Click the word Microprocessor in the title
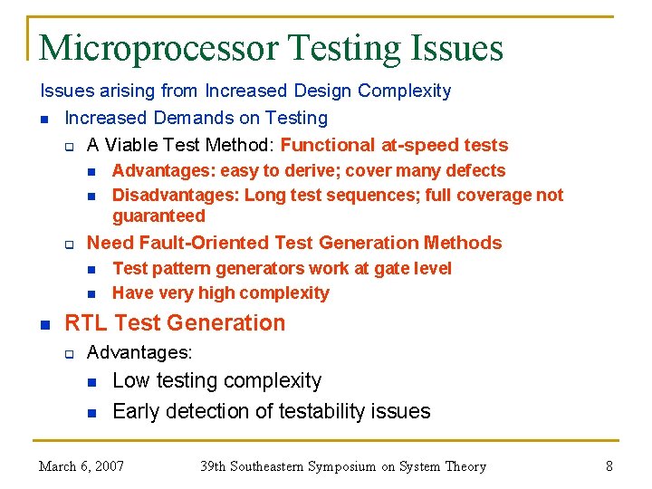tap(159, 47)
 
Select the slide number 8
tap(609, 466)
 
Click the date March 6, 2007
tap(81, 466)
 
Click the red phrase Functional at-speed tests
tap(394, 145)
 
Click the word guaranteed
tap(158, 216)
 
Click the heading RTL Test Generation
tap(175, 323)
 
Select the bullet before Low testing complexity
tap(91, 382)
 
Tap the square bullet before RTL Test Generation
tap(44, 324)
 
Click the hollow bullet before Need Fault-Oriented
tap(69, 244)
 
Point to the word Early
tap(136, 411)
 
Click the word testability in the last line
tap(301, 411)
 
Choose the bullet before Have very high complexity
tap(91, 293)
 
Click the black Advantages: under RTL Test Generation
tap(139, 351)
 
